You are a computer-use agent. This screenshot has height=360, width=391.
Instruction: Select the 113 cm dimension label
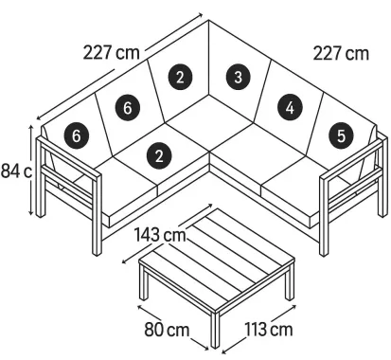click(267, 331)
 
